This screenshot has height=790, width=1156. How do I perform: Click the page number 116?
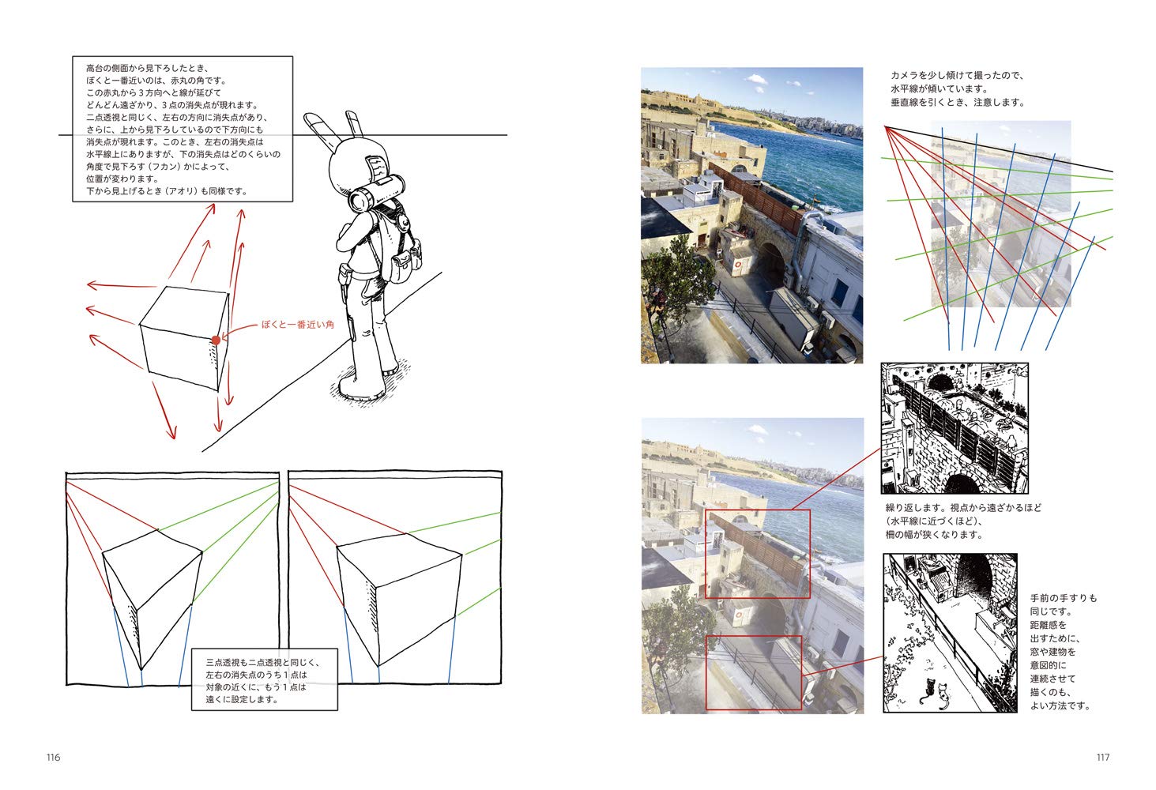point(53,757)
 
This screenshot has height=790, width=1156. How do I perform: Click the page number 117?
point(1103,757)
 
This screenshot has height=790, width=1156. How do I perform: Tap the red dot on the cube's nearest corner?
point(216,340)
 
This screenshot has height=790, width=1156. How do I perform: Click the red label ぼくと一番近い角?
point(298,325)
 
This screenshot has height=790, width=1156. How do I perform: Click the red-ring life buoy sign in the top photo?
point(739,265)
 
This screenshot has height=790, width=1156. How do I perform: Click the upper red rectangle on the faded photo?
point(758,554)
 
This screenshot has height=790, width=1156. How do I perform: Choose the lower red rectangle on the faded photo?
point(754,673)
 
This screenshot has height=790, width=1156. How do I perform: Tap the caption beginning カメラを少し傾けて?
point(958,88)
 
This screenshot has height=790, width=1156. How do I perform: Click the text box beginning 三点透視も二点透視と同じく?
point(264,680)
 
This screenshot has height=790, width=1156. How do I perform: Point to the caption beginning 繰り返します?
point(963,521)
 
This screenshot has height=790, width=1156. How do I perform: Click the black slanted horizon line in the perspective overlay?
point(999,149)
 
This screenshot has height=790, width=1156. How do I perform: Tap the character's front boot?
point(361,387)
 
